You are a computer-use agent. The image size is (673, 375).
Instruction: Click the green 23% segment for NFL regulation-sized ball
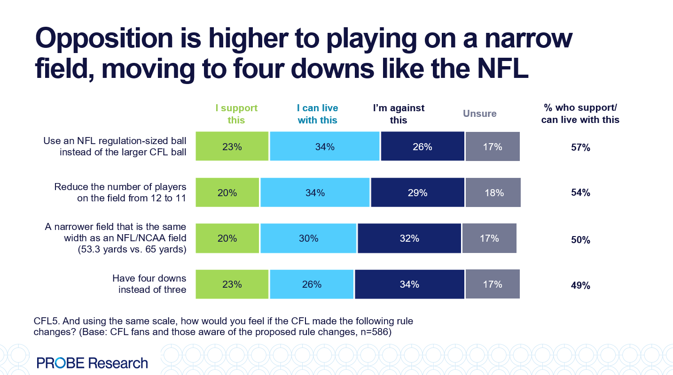click(232, 146)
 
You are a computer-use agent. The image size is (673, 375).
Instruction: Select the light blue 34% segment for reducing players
click(315, 192)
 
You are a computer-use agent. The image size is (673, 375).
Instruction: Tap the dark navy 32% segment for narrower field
click(409, 238)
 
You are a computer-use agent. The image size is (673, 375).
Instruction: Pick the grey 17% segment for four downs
click(492, 284)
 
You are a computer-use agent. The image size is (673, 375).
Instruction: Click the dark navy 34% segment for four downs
click(409, 284)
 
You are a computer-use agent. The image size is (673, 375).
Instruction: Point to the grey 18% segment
click(493, 192)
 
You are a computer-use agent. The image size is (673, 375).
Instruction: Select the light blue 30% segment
click(308, 238)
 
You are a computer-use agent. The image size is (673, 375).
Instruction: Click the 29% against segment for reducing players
click(417, 192)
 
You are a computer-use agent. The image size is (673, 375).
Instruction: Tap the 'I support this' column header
click(236, 114)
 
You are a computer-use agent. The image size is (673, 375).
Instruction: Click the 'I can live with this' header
click(318, 114)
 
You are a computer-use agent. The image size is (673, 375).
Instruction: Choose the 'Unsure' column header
click(479, 114)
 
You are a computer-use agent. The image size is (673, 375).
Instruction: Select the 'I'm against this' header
click(399, 114)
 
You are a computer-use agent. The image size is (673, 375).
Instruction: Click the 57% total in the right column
click(580, 148)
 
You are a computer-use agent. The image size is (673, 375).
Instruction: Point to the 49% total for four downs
click(580, 285)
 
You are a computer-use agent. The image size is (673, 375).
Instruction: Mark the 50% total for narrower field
click(580, 240)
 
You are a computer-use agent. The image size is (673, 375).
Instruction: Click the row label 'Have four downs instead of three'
click(149, 284)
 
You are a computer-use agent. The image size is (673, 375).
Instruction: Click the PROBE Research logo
click(92, 363)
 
